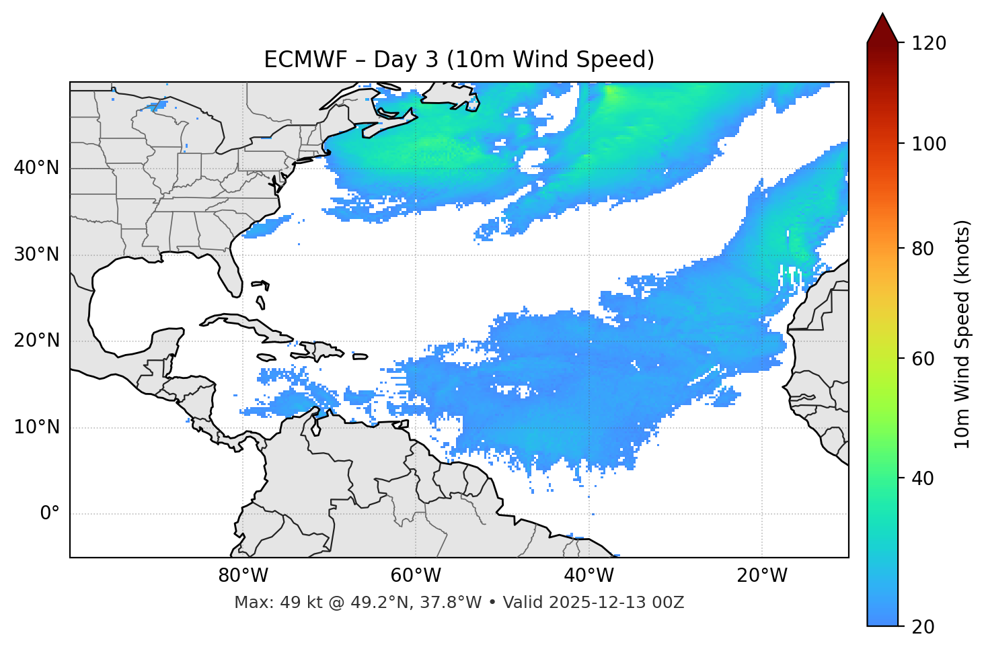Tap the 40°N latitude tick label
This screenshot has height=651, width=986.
click(x=36, y=168)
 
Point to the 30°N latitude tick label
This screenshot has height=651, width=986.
click(x=36, y=255)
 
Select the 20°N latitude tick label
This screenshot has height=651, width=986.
click(x=36, y=341)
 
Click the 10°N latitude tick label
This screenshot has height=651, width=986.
click(x=36, y=427)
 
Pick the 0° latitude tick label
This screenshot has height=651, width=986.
click(x=50, y=514)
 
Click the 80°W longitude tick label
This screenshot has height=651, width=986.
click(x=243, y=576)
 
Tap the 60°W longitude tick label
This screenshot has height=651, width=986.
click(x=416, y=576)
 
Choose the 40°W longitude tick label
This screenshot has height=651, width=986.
click(x=589, y=576)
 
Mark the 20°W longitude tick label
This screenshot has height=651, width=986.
click(x=761, y=576)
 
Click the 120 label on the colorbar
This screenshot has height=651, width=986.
click(x=929, y=44)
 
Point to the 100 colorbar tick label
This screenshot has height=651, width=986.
click(x=929, y=144)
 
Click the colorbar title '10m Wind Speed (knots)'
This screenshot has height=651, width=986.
click(x=962, y=334)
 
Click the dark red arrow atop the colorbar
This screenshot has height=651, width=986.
click(x=882, y=29)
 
